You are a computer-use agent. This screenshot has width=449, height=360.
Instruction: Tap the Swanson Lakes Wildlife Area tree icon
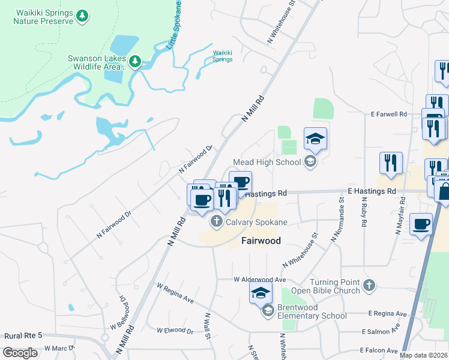[136, 61]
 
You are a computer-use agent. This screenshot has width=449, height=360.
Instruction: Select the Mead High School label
[267, 161]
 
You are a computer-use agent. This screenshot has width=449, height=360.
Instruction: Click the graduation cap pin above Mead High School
[315, 139]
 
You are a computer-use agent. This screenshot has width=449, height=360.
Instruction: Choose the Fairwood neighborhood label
[262, 241]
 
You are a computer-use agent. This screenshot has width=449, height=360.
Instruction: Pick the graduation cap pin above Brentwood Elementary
[261, 293]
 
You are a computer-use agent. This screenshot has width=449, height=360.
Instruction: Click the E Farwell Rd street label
[389, 113]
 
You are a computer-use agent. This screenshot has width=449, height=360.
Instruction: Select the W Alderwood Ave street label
[259, 280]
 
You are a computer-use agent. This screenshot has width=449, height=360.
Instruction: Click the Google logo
[20, 353]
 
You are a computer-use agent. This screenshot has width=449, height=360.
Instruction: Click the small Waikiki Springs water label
[223, 56]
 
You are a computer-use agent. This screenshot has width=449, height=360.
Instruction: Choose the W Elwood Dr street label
[175, 330]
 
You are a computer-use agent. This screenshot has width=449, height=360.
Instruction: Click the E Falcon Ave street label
[379, 350]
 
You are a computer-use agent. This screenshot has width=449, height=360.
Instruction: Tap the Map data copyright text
[424, 355]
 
